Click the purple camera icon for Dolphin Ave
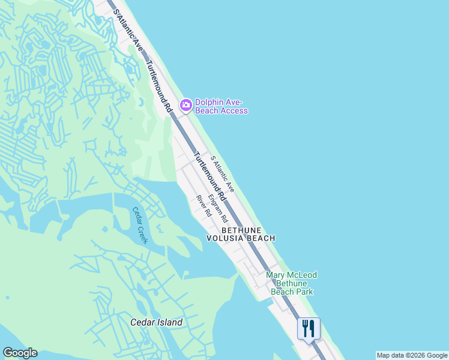point(185,106)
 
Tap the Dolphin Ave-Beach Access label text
point(221,106)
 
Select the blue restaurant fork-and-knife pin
point(309,329)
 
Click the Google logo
point(20,353)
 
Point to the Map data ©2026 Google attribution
point(412,355)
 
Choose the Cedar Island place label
point(156,322)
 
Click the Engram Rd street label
point(217,209)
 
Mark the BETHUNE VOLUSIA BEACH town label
point(241,234)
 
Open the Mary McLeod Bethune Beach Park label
point(292,283)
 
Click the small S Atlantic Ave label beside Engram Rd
point(223,174)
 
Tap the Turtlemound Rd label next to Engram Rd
point(210,176)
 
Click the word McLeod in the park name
point(303,275)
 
